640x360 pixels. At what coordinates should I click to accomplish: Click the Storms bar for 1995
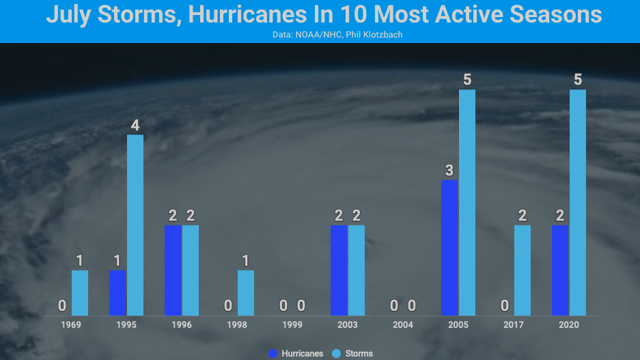135,225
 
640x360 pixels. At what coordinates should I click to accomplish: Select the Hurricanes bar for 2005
449,247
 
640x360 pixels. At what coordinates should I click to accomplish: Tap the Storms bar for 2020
578,202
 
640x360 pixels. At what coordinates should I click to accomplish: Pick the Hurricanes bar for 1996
173,270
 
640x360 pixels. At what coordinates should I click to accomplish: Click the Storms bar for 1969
80,292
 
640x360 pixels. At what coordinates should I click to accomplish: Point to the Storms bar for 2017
523,270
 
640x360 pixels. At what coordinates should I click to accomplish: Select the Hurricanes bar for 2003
339,270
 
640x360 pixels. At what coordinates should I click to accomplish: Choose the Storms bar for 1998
246,292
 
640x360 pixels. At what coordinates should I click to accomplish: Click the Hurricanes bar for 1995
117,292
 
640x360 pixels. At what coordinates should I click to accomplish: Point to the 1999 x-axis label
292,325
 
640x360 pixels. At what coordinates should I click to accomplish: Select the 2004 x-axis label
403,325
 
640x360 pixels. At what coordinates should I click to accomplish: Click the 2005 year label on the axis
458,325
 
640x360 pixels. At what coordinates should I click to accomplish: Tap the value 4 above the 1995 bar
135,126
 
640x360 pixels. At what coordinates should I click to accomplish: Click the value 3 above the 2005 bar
449,171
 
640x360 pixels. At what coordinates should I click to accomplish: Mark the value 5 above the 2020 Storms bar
578,80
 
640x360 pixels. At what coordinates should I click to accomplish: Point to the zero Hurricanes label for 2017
505,305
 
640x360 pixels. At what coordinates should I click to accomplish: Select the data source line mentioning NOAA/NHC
320,34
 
